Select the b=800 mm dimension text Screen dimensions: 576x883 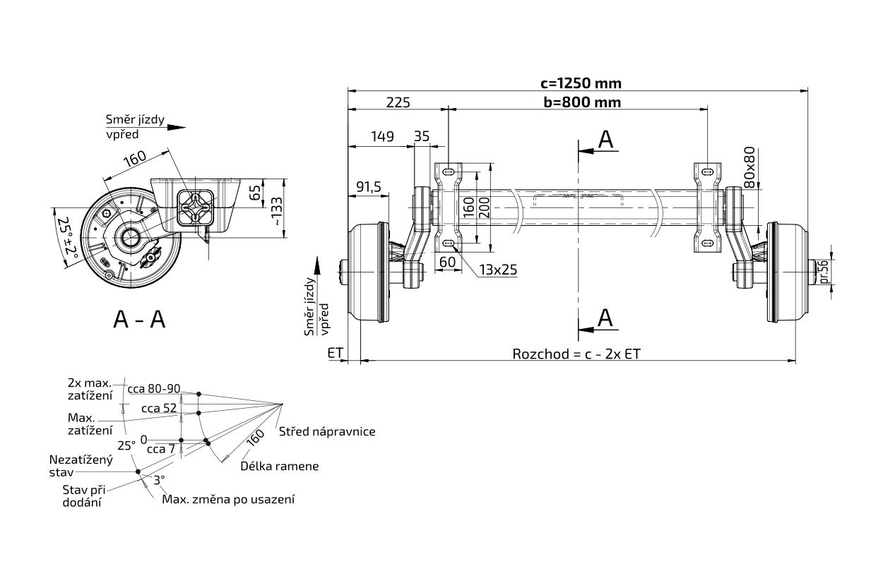582,102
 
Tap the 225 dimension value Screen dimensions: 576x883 398,102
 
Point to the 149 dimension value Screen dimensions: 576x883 382,137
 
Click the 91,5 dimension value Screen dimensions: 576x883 368,186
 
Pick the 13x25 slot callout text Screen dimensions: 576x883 498,270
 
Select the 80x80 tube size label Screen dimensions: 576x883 749,165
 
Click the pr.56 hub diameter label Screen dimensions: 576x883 823,271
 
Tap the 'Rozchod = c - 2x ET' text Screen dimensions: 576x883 576,354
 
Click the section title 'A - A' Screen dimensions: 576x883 139,320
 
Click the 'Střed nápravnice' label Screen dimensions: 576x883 326,431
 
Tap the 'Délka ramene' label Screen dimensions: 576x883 279,466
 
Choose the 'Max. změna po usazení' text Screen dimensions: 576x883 228,499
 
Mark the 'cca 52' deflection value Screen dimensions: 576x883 159,408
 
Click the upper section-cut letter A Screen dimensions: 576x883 605,140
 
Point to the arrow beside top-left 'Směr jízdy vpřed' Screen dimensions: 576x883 177,128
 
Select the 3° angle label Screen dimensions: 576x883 159,479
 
